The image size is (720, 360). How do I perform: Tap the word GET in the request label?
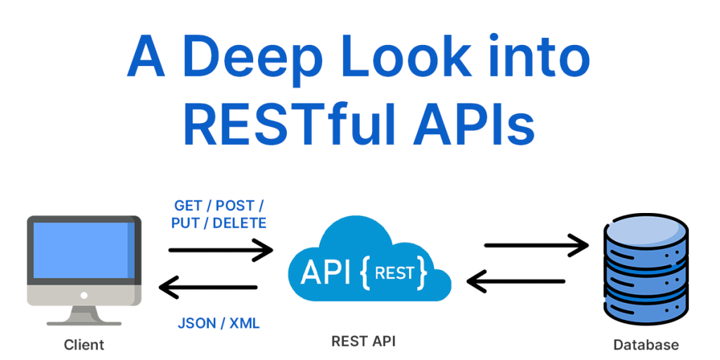pos(188,205)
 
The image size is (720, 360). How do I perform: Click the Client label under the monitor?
pos(84,345)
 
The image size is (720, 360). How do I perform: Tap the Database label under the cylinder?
pos(646,345)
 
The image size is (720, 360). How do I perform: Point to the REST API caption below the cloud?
pos(364,342)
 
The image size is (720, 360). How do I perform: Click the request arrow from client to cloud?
pos(220,249)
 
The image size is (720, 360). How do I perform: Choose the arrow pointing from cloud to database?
pos(536,245)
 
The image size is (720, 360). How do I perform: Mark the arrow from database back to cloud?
pos(517,282)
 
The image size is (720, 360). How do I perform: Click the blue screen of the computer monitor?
pos(83,251)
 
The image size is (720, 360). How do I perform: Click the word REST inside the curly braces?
pos(394,272)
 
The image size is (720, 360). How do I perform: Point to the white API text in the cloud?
pos(325,273)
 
